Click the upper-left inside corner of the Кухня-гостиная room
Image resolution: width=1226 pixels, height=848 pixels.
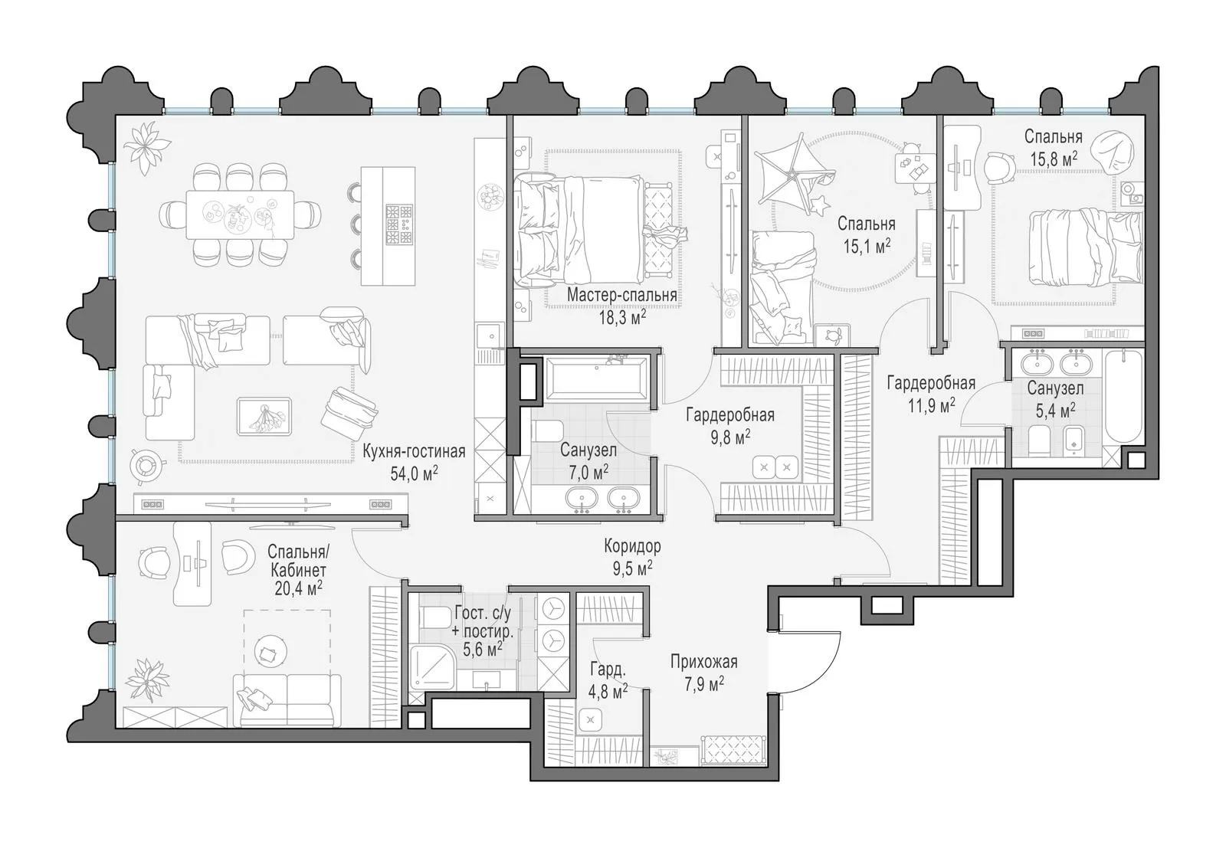[x=116, y=116]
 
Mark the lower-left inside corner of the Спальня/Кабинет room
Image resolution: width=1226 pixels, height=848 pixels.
[x=116, y=728]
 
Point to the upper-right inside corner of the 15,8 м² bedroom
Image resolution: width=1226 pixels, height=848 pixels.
[x=1144, y=116]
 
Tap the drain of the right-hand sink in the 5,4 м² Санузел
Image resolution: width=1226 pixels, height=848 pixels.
[x=1077, y=363]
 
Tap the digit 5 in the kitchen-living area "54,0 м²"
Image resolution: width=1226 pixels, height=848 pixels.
[x=394, y=473]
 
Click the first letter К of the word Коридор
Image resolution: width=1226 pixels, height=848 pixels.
[x=608, y=545]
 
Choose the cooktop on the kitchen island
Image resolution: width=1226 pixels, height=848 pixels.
[x=399, y=224]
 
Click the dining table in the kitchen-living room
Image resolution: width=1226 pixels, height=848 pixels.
[x=240, y=214]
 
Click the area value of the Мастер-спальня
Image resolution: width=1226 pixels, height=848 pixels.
[x=622, y=317]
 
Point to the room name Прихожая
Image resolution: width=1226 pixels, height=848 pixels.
[x=704, y=662]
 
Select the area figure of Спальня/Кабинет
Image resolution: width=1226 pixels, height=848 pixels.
[x=298, y=588]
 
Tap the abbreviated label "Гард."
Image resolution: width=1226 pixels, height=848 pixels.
[x=608, y=669]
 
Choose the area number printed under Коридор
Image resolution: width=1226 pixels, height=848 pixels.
[x=632, y=569]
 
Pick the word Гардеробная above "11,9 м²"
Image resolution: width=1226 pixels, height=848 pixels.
[x=931, y=383]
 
